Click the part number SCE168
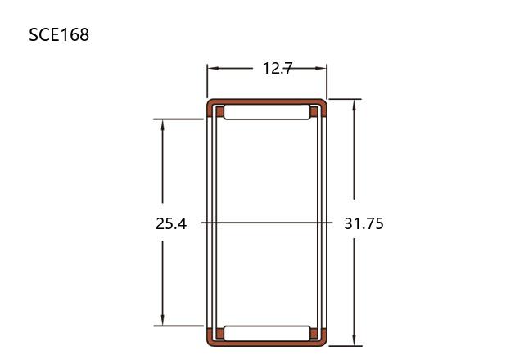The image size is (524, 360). [59, 34]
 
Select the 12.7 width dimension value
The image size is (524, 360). [278, 69]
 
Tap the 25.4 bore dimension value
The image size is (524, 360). [171, 223]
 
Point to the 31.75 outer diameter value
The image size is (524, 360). [364, 223]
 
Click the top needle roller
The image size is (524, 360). [267, 112]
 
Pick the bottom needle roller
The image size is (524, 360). [267, 333]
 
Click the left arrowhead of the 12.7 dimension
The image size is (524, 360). [213, 68]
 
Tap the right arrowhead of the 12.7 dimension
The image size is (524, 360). [320, 68]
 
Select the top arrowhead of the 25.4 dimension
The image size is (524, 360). [162, 125]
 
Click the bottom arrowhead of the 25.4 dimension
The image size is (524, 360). [162, 320]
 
